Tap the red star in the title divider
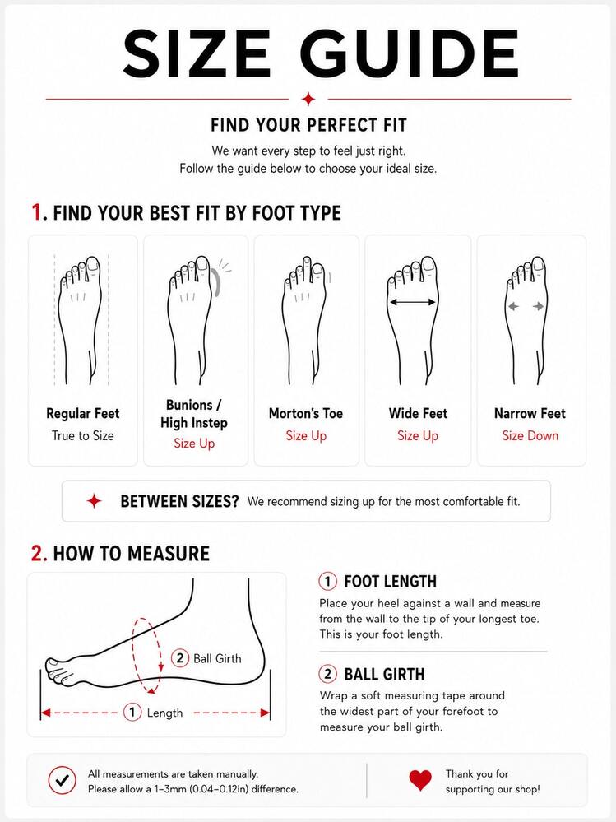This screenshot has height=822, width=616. pos(308,99)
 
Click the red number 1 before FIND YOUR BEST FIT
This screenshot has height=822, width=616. pos(36,212)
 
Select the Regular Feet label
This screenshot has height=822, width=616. pos(83,413)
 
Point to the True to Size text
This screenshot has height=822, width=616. pos(83,435)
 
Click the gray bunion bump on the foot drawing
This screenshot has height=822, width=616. pos(216,282)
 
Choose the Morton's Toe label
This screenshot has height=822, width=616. pos(306,413)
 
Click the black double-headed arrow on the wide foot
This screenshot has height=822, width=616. pos(413,302)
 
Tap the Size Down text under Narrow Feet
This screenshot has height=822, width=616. pos(530,435)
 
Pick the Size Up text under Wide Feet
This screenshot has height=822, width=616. pos(418,435)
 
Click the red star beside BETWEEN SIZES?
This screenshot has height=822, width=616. pos(95,501)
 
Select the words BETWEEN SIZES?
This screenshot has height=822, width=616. pos(179,501)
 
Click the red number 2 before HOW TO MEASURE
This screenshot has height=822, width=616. pos(38,554)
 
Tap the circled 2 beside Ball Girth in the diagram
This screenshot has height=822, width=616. pos(180,657)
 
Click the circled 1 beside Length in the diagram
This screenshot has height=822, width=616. pos(132,712)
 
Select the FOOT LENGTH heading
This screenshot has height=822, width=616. pos(390,582)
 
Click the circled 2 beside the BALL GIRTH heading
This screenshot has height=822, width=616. pos(328,674)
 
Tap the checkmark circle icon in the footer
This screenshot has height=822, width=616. pos(62,781)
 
